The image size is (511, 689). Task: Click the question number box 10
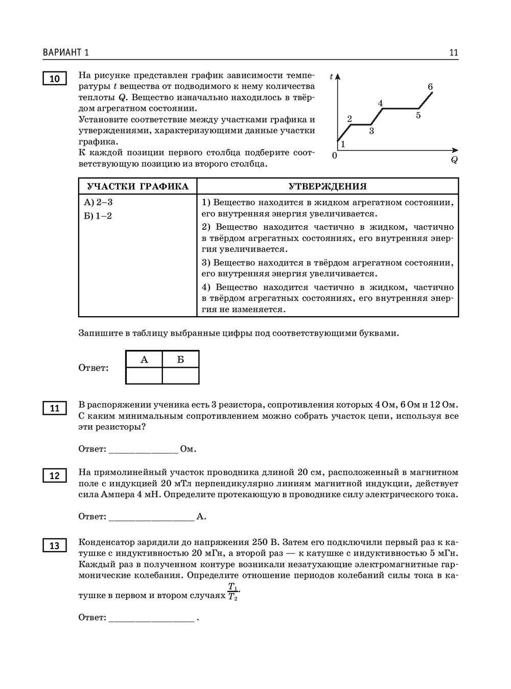click(x=54, y=79)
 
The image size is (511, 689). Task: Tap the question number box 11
click(x=54, y=409)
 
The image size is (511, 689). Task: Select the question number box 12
click(x=54, y=476)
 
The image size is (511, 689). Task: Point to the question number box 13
click(x=54, y=546)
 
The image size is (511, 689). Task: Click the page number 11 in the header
click(x=453, y=53)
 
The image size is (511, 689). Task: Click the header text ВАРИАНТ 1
click(x=66, y=53)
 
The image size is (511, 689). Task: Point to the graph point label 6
click(x=430, y=87)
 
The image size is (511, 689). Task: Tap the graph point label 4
click(x=380, y=103)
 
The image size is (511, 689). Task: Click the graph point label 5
click(x=418, y=115)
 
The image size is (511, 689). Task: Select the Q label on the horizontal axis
click(x=454, y=160)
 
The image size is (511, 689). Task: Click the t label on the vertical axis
click(x=331, y=77)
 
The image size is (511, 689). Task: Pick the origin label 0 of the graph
click(x=335, y=155)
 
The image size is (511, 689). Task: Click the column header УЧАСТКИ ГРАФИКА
click(x=137, y=186)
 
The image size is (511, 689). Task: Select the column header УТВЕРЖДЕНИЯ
click(x=328, y=186)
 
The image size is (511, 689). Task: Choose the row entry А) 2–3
click(x=98, y=202)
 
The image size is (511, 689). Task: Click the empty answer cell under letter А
click(x=144, y=375)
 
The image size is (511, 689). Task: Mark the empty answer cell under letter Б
click(x=180, y=375)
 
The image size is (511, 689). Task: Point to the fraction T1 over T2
click(x=233, y=591)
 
